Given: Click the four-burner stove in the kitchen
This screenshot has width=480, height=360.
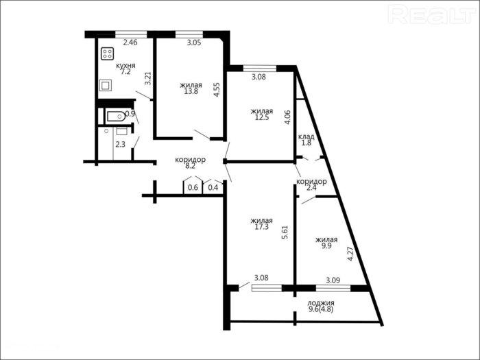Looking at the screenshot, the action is click(x=108, y=53).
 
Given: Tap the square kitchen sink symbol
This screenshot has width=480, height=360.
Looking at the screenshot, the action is click(x=106, y=85).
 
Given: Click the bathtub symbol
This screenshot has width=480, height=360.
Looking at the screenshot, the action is click(x=116, y=117).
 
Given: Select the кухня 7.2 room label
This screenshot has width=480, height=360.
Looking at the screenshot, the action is click(x=125, y=69).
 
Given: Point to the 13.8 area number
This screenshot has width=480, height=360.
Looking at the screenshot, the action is click(x=191, y=91).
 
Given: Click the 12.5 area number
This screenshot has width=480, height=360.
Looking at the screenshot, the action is click(x=262, y=117).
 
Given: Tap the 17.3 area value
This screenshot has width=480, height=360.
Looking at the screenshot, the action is click(x=262, y=227).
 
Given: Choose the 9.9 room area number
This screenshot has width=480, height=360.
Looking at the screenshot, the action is click(x=326, y=246).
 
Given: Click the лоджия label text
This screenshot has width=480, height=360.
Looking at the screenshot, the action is click(x=321, y=303).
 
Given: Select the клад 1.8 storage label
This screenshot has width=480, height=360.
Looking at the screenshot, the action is click(x=307, y=140).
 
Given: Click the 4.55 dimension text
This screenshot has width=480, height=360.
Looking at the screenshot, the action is click(x=217, y=90).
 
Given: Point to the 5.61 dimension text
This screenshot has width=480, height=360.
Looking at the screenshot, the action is click(x=285, y=232).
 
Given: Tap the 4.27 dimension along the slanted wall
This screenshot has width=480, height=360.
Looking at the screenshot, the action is click(x=350, y=254).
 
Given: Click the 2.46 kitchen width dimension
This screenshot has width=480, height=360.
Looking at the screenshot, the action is click(x=130, y=43).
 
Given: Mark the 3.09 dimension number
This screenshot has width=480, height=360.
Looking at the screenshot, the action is click(x=333, y=280).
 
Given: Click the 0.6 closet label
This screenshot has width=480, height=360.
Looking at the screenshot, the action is click(x=193, y=188).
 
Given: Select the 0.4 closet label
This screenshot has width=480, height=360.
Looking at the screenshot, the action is click(x=213, y=188).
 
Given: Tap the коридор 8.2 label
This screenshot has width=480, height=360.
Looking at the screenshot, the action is click(x=190, y=163).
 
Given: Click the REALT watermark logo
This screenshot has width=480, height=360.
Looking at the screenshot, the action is click(x=432, y=14).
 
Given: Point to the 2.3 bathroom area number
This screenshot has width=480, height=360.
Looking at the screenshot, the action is click(x=120, y=144).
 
